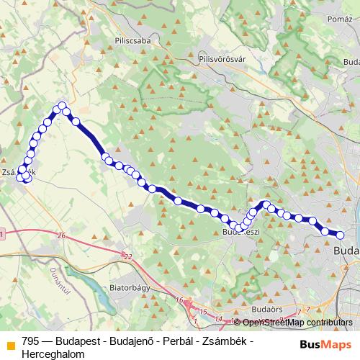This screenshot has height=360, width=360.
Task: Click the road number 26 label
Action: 61,236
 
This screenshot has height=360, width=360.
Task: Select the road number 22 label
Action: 128,257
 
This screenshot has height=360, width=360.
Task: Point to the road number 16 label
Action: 179,300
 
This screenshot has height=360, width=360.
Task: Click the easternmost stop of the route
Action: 341,235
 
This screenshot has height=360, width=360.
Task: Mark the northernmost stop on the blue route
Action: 63,106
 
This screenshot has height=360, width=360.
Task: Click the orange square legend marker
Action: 10,340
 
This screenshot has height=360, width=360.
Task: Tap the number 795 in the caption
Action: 30,340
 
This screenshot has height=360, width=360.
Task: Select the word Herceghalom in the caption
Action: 49,353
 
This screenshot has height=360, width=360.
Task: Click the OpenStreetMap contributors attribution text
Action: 297,322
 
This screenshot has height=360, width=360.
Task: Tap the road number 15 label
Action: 204,311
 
